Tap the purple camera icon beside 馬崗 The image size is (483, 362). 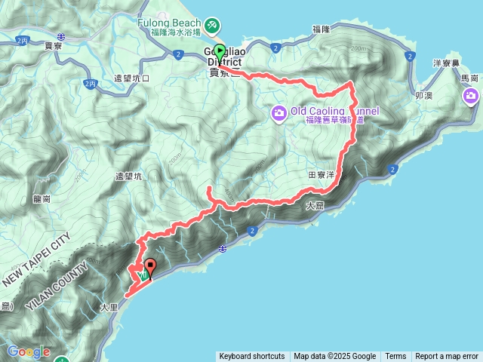pos(472,96)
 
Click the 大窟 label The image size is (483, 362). pos(316,205)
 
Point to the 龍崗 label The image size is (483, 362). pos(42,199)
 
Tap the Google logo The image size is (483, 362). pos(29,351)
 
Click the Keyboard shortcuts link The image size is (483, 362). pos(252,357)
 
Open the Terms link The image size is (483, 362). pos(395,357)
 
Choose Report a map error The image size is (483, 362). pos(447,357)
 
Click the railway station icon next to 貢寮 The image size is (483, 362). pos(61,35)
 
